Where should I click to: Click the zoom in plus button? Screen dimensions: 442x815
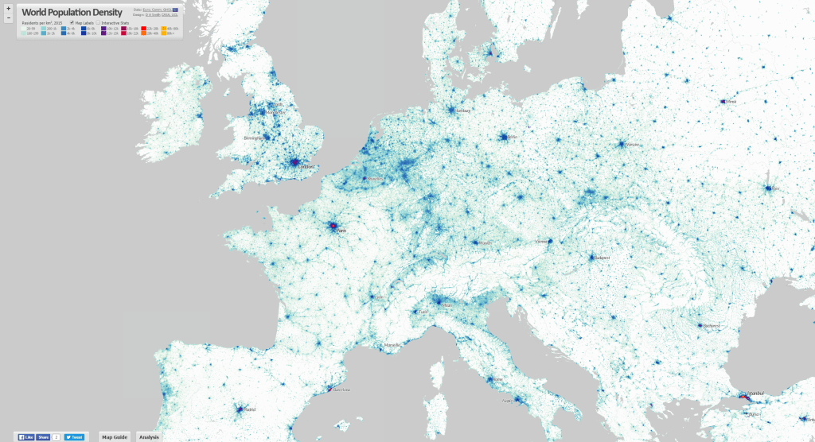tap(7, 8)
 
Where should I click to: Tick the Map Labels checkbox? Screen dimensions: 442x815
tap(72, 23)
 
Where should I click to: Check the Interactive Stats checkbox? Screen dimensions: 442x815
tap(98, 23)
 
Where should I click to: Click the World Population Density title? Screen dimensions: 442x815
tap(72, 12)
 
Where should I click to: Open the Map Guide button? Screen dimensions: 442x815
tap(114, 436)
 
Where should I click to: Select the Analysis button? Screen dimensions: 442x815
tap(149, 436)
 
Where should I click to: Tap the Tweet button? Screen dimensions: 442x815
tap(74, 436)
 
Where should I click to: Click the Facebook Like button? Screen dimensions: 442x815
tap(27, 436)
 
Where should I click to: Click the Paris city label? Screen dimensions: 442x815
tap(342, 231)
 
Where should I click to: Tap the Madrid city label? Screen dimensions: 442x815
tap(248, 410)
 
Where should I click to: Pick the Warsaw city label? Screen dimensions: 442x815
tap(633, 145)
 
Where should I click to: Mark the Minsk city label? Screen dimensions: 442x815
tap(731, 102)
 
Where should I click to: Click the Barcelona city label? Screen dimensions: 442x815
tap(341, 390)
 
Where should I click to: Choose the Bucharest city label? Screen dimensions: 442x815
tap(711, 326)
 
